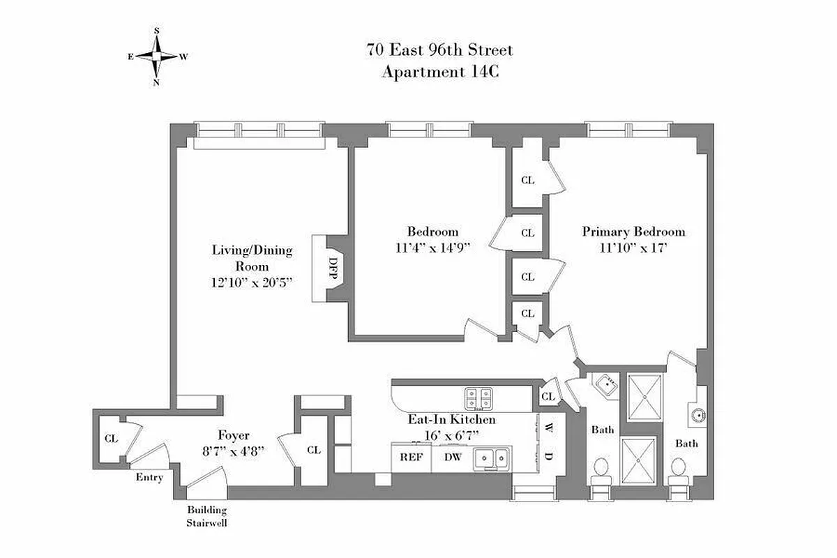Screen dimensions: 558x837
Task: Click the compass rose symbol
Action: point(157,56)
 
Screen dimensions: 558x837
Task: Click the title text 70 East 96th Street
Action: point(439,50)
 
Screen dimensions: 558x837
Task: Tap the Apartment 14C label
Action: point(439,71)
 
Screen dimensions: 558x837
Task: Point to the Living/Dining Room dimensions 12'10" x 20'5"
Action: point(252,283)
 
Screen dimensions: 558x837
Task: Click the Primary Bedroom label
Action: point(633,232)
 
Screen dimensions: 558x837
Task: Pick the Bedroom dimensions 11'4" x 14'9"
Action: point(432,247)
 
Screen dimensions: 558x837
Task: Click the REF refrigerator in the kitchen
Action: point(410,458)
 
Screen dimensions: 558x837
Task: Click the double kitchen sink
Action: point(491,458)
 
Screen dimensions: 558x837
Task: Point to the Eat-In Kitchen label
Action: point(451,420)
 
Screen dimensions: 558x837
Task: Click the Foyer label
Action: point(234,435)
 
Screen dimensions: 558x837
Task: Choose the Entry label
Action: point(150,477)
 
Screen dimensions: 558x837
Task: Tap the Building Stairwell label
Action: point(206,516)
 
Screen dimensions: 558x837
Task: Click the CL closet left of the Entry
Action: point(111,439)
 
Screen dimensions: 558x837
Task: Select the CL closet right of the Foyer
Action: point(314,450)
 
